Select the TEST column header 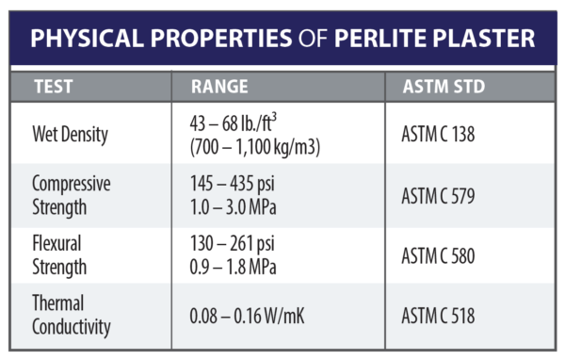coord(54,87)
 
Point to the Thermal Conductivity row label coord(72,316)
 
